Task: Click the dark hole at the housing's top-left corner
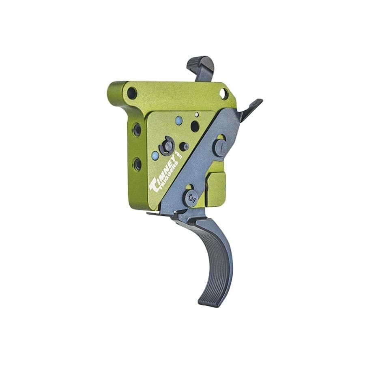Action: (x=132, y=93)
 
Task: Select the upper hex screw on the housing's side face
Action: (x=137, y=130)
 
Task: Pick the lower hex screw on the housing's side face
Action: (x=137, y=164)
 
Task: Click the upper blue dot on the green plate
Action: (x=179, y=120)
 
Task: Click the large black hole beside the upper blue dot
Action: (x=195, y=126)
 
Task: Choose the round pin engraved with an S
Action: (x=192, y=198)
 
